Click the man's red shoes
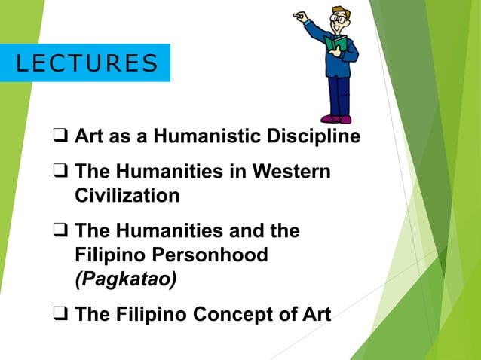[335, 118]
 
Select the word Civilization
[127, 196]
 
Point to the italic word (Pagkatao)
[126, 279]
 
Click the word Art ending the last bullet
[314, 314]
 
